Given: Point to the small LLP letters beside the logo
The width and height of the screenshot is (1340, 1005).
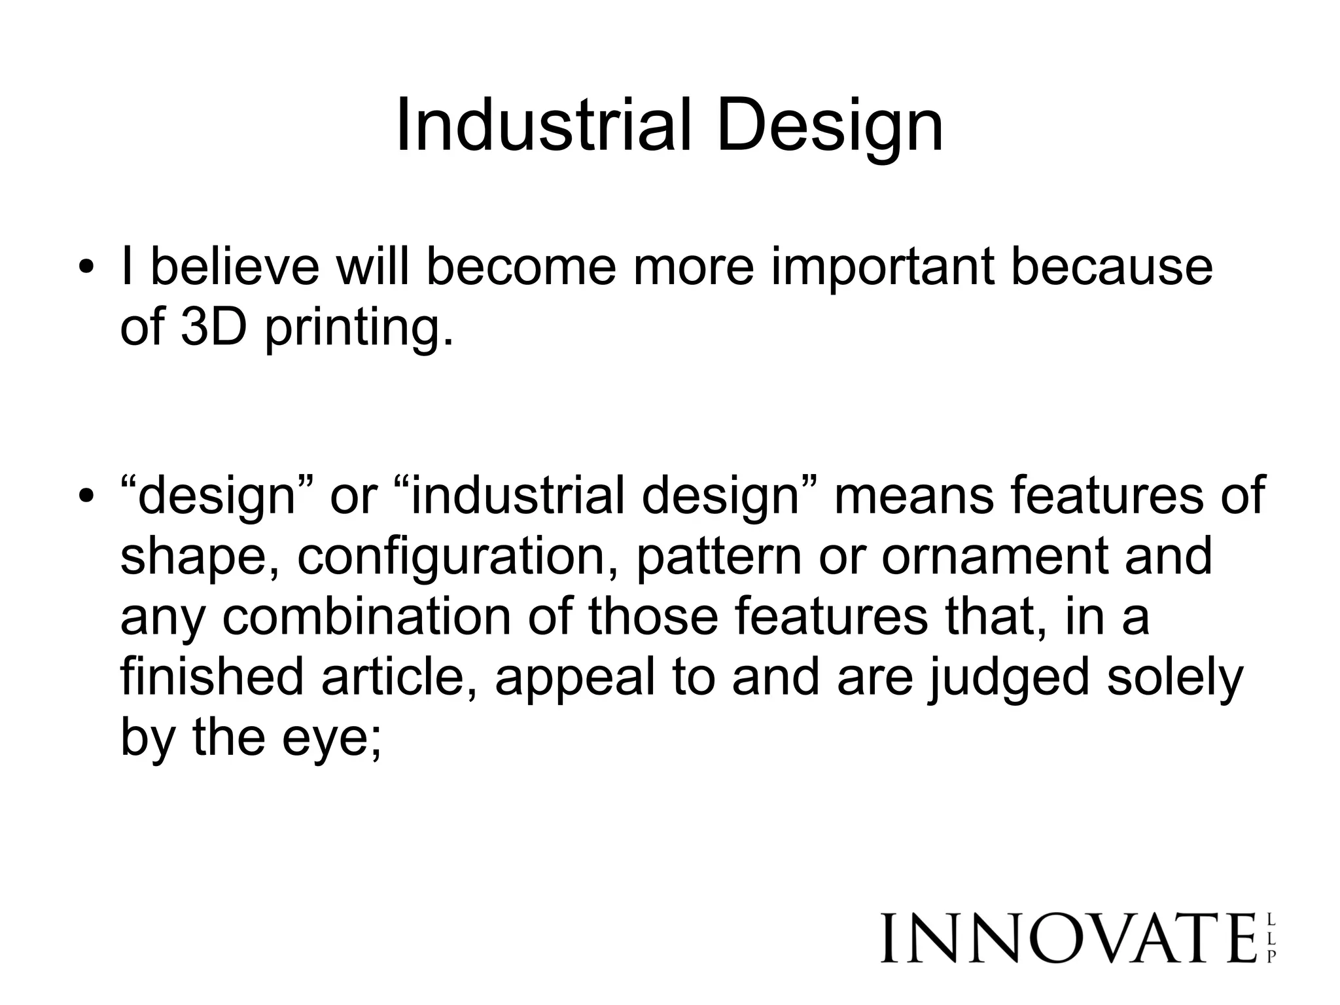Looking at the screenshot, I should pos(1271,938).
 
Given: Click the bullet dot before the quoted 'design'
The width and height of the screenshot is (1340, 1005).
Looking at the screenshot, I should pos(84,497).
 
